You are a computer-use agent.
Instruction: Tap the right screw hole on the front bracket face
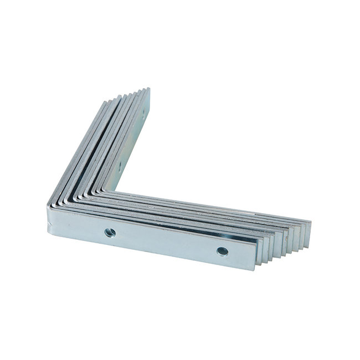pyautogui.click(x=222, y=251)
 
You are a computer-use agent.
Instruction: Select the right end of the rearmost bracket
pyautogui.click(x=309, y=227)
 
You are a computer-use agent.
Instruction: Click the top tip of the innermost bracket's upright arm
pyautogui.click(x=147, y=90)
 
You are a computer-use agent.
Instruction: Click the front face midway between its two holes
pyautogui.click(x=166, y=242)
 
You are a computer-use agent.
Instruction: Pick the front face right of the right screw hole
pyautogui.click(x=241, y=255)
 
